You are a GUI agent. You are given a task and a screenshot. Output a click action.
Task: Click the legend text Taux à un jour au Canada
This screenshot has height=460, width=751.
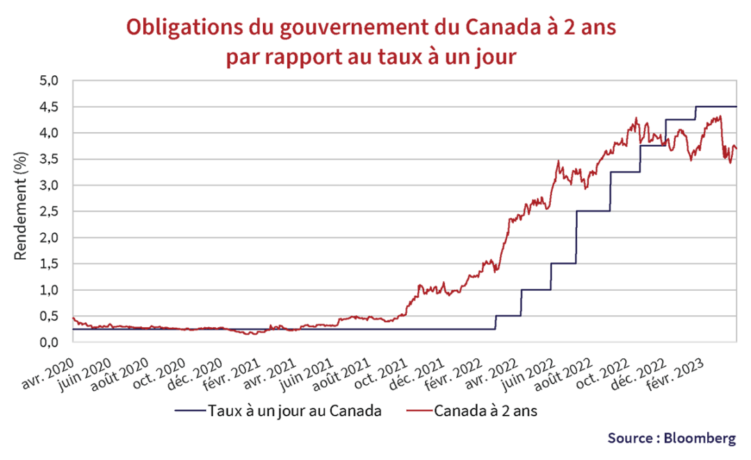[x=295, y=411]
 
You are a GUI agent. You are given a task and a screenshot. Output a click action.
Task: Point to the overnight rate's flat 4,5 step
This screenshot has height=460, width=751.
[x=716, y=106]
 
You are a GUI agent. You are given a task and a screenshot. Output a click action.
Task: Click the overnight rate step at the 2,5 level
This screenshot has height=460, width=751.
[x=592, y=211]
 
